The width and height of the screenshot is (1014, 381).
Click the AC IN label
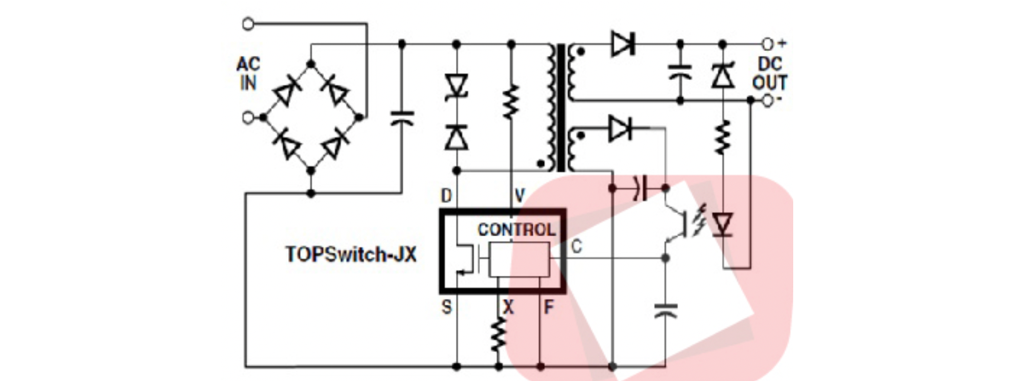tap(248, 73)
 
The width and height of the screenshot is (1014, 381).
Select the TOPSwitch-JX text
tap(351, 254)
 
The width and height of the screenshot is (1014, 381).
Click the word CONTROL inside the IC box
tap(516, 230)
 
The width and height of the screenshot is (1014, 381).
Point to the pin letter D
tap(446, 196)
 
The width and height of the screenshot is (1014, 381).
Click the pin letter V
tap(520, 196)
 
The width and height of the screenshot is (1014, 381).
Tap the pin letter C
tap(576, 247)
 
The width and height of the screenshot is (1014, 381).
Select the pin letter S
tap(446, 307)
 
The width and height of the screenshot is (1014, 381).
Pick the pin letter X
tap(508, 307)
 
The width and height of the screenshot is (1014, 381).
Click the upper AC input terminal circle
tap(248, 24)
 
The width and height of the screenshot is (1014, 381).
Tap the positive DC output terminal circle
tap(767, 44)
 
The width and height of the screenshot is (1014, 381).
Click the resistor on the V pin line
tap(510, 102)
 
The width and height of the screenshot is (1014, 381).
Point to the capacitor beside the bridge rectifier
tap(403, 117)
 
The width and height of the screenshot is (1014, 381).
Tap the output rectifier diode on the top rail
tap(622, 44)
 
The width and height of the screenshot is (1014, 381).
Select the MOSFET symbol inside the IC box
tap(465, 258)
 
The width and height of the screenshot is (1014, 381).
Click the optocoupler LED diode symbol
tap(723, 224)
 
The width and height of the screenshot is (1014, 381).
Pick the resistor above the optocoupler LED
tap(723, 138)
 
